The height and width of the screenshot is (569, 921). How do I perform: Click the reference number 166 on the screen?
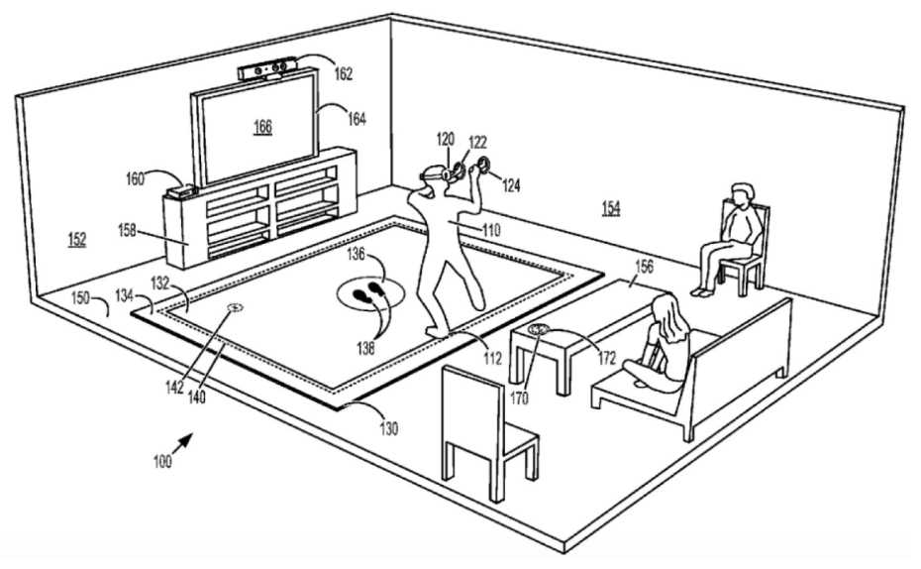tap(262, 126)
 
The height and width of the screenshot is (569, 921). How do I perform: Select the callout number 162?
tap(343, 73)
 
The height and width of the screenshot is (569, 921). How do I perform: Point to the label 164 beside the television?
tap(357, 119)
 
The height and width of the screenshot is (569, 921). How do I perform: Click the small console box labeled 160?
tap(181, 191)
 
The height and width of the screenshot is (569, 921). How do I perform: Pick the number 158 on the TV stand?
tap(127, 230)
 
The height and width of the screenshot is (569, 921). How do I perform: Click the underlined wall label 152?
tap(77, 240)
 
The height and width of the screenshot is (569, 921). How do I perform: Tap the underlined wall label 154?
tap(611, 207)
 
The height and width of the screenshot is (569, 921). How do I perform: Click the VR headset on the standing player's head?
tap(433, 174)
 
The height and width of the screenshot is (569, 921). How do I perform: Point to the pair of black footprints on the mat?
tap(366, 292)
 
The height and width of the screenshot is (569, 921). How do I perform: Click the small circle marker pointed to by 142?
tap(235, 307)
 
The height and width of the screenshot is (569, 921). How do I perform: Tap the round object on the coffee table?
tap(538, 330)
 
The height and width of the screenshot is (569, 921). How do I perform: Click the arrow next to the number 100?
tap(182, 442)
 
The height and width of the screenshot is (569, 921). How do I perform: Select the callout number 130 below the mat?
tap(388, 428)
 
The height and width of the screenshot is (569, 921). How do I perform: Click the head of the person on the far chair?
tap(742, 194)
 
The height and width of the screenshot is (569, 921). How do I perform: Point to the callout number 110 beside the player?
tap(491, 230)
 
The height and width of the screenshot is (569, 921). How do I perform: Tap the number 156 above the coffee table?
tap(644, 267)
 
